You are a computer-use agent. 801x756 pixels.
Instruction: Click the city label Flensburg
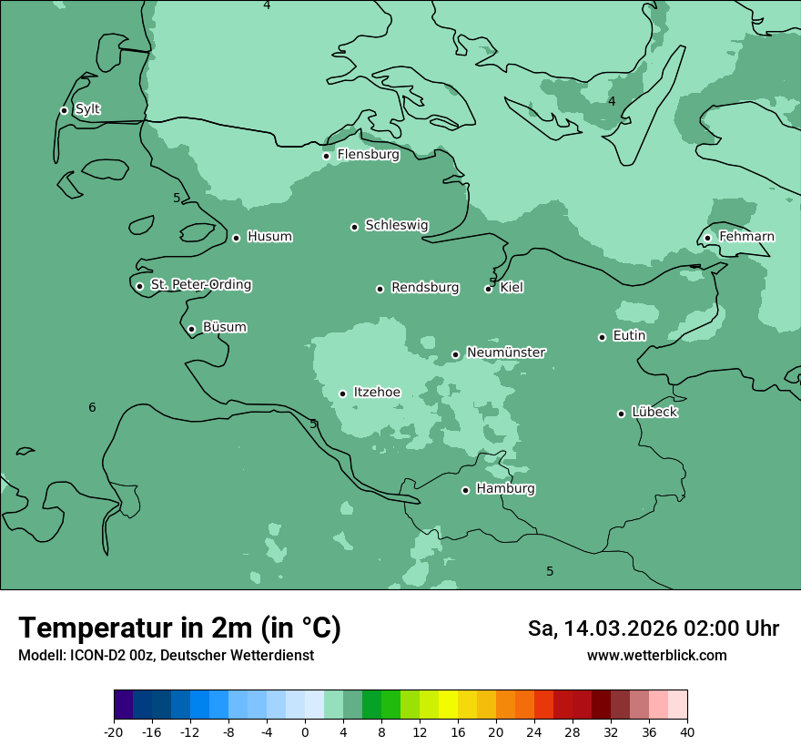368,155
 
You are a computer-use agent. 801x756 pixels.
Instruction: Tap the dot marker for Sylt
64,110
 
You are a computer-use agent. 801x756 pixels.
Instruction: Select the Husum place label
269,237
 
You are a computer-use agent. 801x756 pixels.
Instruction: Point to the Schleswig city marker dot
355,227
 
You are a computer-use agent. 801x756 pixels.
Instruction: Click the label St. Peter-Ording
200,285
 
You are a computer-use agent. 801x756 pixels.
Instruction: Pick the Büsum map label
224,327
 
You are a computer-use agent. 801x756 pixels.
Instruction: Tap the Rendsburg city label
425,288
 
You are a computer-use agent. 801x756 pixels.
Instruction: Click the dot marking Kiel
489,289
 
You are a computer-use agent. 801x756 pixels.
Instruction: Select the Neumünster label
506,352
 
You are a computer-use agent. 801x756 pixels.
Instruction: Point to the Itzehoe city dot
343,393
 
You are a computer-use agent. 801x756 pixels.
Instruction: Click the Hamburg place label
505,489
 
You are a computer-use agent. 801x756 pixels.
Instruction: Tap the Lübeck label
654,412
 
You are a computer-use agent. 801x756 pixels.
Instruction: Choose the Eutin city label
629,336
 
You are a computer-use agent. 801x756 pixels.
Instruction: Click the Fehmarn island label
746,237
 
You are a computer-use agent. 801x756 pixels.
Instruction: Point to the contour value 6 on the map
92,407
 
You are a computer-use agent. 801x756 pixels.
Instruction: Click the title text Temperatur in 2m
179,628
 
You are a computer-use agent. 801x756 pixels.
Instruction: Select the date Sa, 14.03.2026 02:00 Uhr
653,628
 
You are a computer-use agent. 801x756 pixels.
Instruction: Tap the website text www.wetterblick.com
656,655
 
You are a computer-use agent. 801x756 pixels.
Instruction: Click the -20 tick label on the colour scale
114,732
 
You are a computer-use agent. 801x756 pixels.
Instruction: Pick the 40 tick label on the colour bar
687,732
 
